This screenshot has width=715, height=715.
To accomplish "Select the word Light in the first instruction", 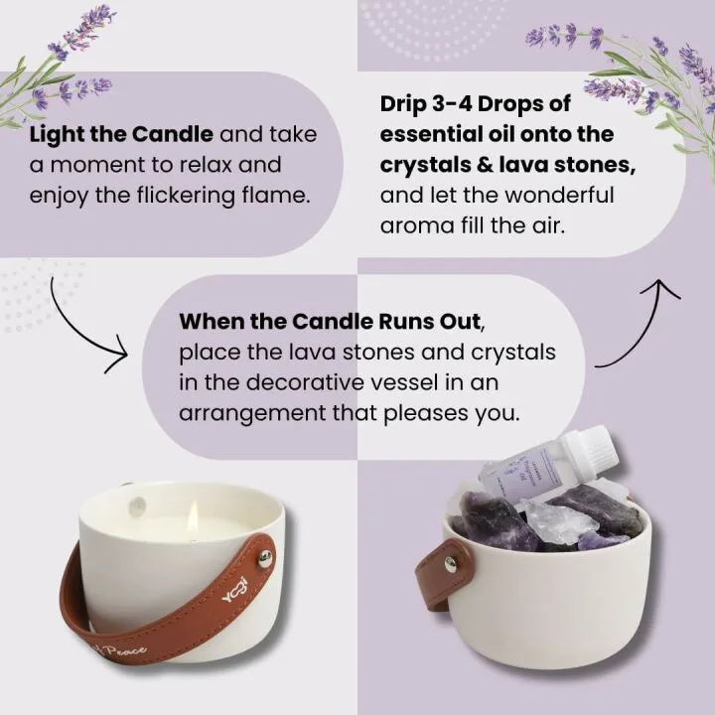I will tap(54, 133).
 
